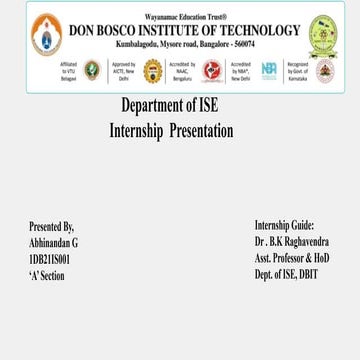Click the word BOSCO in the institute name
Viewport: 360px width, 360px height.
tap(119, 31)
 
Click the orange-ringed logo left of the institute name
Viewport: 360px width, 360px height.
tap(46, 38)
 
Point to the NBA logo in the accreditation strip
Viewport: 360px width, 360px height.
tap(269, 70)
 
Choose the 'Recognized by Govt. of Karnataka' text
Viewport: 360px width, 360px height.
tap(298, 71)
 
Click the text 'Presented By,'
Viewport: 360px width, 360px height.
tap(52, 227)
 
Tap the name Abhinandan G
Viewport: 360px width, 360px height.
tap(54, 243)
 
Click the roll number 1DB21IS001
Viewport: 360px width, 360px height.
tap(50, 258)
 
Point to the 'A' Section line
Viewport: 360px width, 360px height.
tap(47, 274)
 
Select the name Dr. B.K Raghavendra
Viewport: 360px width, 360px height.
tap(292, 242)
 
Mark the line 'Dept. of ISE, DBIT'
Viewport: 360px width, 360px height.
tap(286, 273)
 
